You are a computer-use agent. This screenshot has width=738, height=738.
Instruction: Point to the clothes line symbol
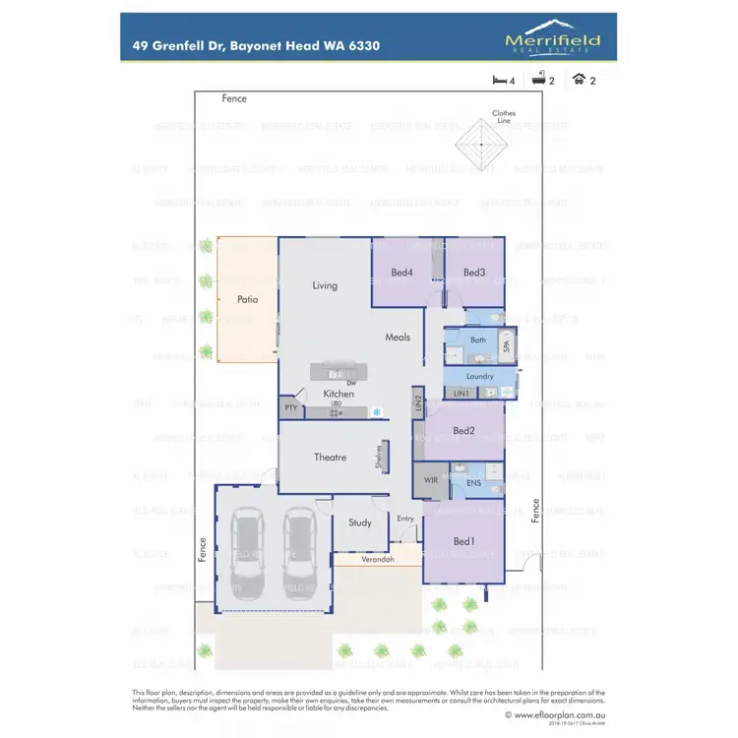tap(480, 145)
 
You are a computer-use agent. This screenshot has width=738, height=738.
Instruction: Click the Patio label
tap(247, 299)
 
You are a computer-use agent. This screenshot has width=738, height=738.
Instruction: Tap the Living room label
tap(325, 285)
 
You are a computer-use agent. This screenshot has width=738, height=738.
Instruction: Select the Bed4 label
tap(401, 273)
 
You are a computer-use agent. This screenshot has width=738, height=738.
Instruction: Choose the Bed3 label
tap(474, 273)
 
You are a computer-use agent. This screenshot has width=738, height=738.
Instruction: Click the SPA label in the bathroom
tap(507, 345)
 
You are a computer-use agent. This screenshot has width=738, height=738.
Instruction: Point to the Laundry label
tap(479, 376)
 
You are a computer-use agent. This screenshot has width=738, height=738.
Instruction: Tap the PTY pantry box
tap(290, 407)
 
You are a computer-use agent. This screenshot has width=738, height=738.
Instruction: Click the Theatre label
tap(330, 458)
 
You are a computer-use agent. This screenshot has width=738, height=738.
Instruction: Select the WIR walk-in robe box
tap(430, 481)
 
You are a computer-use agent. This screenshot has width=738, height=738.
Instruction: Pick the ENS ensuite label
tap(472, 484)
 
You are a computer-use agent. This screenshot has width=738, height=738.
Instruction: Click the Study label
tap(360, 523)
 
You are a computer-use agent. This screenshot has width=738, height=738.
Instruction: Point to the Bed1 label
tap(463, 542)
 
